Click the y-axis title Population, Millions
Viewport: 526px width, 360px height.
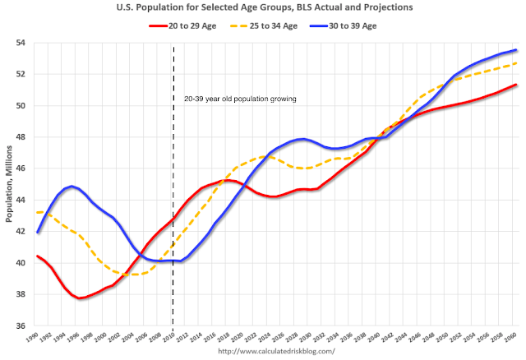[x=8, y=183]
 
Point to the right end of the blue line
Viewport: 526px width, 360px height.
[x=516, y=50]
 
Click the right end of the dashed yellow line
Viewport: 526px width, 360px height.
[x=516, y=63]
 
